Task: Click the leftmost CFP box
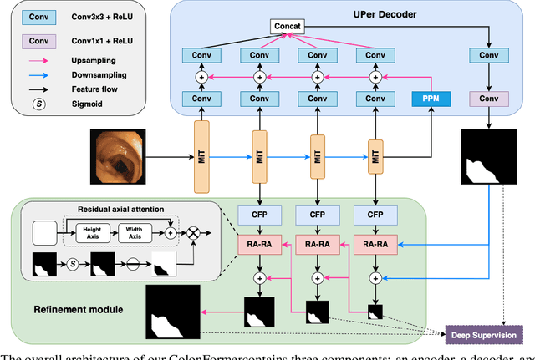258,214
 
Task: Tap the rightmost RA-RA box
374,244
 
